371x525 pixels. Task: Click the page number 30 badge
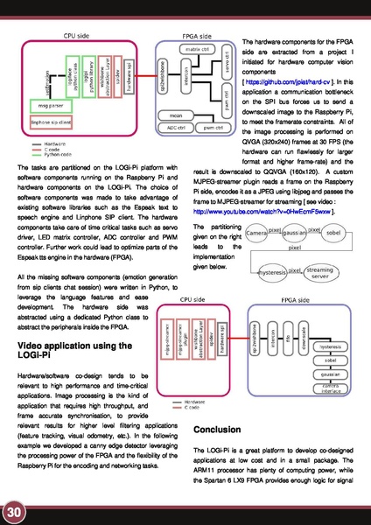point(13,510)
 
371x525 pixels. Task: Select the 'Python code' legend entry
point(59,156)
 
